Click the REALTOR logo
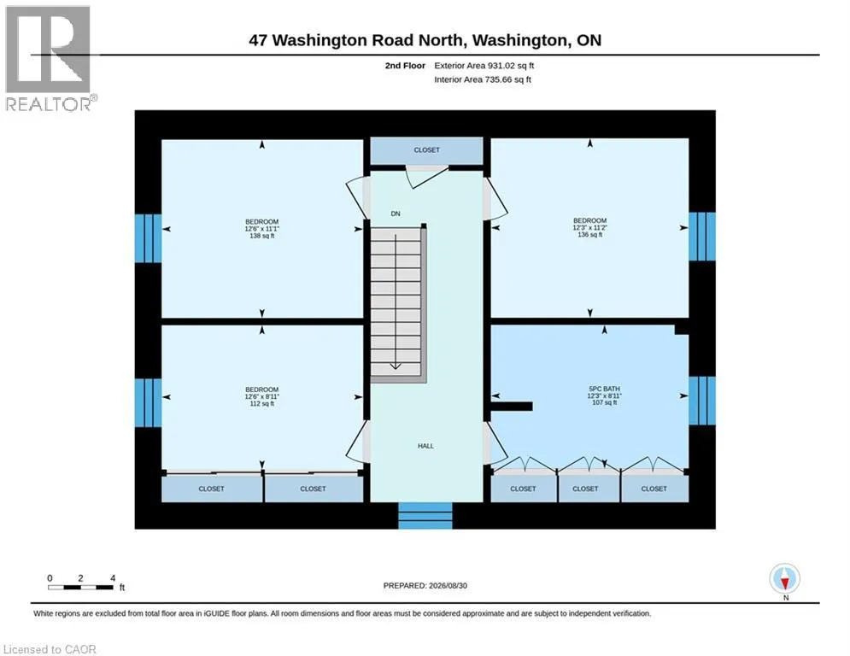tap(49, 58)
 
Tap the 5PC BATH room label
tap(605, 395)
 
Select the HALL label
tap(425, 446)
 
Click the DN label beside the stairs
tap(396, 214)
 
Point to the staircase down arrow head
tap(396, 366)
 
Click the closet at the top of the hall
tap(426, 150)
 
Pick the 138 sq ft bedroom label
tap(261, 228)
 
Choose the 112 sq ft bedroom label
tap(261, 396)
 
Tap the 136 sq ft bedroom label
tap(589, 227)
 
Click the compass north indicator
tap(785, 581)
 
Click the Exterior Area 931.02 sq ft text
tap(484, 66)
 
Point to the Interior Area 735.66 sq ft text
tap(483, 79)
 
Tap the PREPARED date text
tap(425, 585)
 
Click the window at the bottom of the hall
tap(425, 516)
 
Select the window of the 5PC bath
tap(702, 401)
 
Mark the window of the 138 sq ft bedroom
tap(148, 238)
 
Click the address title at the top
tap(425, 40)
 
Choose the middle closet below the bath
tap(589, 486)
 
